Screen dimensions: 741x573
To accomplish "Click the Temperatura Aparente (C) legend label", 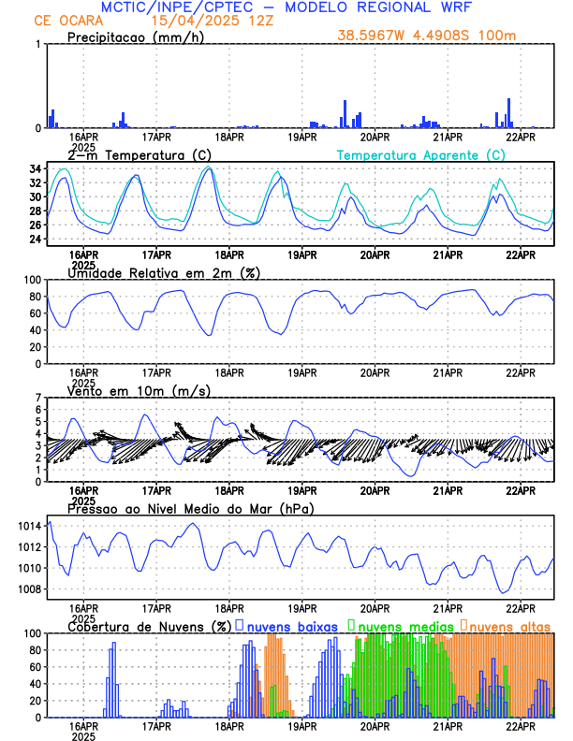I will click(421, 153).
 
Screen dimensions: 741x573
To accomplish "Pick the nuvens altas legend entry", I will click(511, 625).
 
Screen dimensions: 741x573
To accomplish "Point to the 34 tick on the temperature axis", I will click(35, 169).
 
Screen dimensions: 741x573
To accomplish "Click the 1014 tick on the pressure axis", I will click(28, 526).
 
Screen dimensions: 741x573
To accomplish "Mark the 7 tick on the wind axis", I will click(38, 399).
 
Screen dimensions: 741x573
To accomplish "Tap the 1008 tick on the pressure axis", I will click(28, 589).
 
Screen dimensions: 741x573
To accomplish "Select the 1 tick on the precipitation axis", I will click(37, 45).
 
